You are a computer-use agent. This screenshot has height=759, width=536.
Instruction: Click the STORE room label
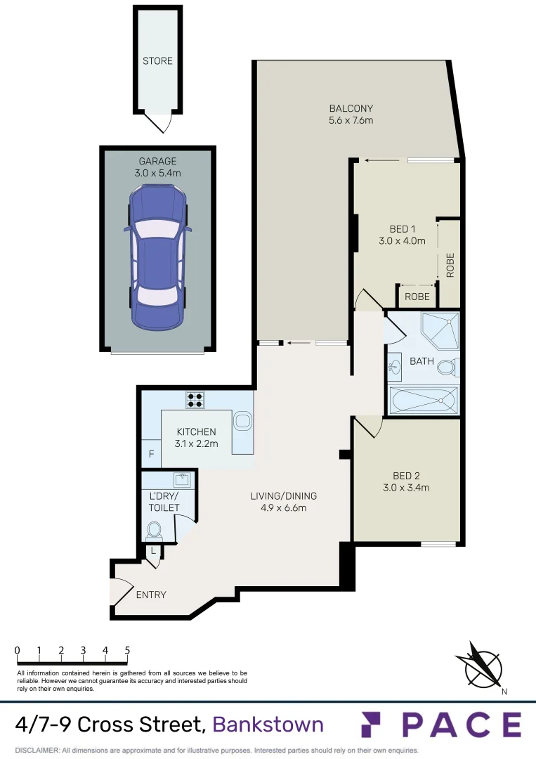(x=157, y=61)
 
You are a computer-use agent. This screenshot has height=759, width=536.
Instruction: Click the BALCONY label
(x=351, y=108)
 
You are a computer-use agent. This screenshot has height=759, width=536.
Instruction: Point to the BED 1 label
(x=403, y=229)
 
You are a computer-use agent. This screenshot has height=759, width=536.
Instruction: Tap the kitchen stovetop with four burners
(x=195, y=399)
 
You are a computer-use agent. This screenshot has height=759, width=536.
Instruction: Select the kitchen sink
(x=243, y=422)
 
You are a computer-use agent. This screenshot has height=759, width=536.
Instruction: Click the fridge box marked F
(x=150, y=454)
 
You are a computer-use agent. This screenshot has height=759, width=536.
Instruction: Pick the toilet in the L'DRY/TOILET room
(x=154, y=530)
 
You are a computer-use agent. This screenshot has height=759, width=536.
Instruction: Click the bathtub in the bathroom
(x=422, y=401)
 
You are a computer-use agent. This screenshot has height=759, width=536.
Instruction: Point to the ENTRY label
(x=151, y=595)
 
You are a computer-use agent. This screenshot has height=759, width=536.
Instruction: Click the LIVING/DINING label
(x=279, y=496)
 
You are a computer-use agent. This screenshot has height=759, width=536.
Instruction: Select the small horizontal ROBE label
(x=417, y=297)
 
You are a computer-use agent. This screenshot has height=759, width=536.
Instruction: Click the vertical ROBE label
(x=450, y=265)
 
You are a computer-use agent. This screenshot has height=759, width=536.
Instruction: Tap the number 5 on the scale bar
(x=127, y=650)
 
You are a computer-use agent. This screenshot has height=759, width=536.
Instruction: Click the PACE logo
(x=441, y=725)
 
